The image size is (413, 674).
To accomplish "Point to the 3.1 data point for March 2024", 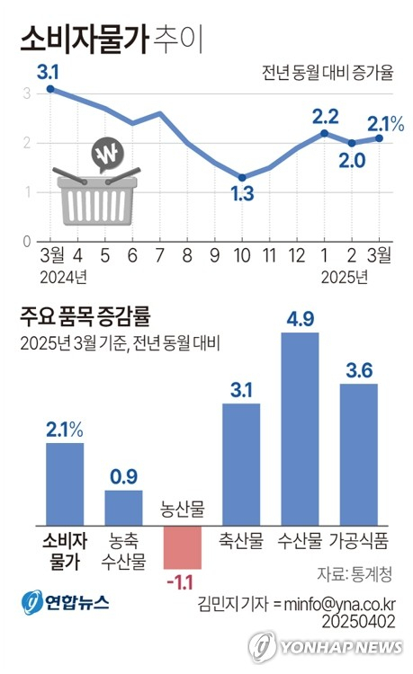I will [x=50, y=89].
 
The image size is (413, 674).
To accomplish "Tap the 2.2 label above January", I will [x=324, y=115].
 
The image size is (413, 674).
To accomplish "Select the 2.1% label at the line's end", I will [x=385, y=122].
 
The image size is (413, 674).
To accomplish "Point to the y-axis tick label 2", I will [x=27, y=142].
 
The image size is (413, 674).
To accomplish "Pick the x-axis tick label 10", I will [x=242, y=255].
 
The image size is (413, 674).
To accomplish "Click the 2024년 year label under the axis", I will [x=63, y=275].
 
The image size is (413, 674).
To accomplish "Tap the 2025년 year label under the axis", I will [x=345, y=275].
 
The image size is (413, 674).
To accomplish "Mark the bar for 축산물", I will [x=241, y=463].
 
